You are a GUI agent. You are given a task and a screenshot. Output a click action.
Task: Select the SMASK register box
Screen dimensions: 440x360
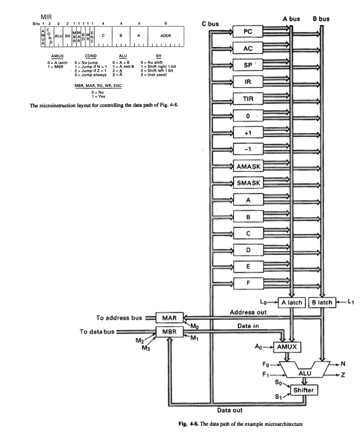tap(248, 183)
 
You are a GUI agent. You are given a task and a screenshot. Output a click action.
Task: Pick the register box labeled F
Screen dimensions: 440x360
tap(248, 283)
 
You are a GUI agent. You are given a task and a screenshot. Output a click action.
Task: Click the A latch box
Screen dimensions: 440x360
tap(292, 302)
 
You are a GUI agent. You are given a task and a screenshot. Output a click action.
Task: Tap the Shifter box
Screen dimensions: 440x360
tap(305, 390)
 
